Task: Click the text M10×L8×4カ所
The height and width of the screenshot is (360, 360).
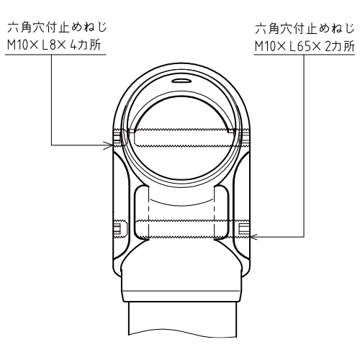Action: click(x=54, y=45)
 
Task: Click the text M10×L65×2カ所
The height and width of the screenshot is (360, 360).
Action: click(x=305, y=47)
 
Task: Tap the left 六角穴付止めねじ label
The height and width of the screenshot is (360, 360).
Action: click(x=57, y=27)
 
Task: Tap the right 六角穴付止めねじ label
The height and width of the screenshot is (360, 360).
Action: click(x=305, y=28)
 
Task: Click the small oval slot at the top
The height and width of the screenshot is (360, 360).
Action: click(x=181, y=81)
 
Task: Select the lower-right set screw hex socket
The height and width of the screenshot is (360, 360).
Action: click(x=244, y=228)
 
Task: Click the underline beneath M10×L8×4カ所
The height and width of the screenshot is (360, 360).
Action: click(x=55, y=55)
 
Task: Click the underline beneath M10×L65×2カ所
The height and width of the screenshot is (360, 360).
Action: click(x=305, y=55)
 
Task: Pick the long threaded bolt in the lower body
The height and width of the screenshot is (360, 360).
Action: click(x=181, y=229)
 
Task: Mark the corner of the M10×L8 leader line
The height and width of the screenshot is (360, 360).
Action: click(x=51, y=145)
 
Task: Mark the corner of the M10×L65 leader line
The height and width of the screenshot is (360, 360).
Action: click(x=304, y=237)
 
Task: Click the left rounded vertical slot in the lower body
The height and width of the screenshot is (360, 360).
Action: click(x=142, y=212)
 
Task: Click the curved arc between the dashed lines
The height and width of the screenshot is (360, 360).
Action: click(x=181, y=203)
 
